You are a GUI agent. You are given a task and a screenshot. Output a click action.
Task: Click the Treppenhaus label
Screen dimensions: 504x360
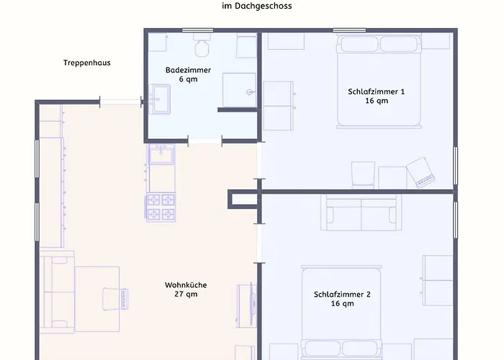87,63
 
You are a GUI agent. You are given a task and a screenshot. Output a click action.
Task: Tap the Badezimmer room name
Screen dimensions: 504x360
189,70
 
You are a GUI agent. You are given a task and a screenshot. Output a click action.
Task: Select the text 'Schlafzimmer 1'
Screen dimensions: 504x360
377,91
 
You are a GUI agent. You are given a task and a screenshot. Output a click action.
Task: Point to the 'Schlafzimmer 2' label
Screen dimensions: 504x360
342,294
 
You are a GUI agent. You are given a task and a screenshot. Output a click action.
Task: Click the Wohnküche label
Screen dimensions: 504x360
186,285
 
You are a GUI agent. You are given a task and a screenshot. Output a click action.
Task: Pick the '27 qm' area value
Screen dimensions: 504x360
186,294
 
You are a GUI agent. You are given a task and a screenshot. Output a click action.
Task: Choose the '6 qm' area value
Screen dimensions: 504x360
189,79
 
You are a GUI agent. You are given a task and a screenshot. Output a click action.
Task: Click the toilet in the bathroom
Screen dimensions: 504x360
202,45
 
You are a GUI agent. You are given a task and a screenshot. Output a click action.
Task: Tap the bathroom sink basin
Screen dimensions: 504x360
161,99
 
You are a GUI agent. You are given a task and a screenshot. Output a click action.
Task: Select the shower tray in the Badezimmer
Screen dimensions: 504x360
240,90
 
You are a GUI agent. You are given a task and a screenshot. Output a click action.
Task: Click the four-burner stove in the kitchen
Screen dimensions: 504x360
161,207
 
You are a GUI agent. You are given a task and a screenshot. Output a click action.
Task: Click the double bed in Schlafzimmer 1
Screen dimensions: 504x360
379,81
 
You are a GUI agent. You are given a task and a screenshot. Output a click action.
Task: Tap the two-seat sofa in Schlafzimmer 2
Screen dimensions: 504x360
361,212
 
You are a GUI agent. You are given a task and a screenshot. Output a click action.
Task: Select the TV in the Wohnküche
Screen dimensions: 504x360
253,304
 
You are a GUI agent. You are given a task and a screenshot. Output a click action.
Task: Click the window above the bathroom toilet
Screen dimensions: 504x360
198,30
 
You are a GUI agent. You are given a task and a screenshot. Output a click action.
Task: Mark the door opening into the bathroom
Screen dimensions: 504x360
205,141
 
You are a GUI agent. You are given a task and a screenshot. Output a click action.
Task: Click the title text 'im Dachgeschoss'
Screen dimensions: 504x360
257,6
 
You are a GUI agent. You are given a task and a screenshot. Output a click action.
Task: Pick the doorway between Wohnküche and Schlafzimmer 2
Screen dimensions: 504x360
259,243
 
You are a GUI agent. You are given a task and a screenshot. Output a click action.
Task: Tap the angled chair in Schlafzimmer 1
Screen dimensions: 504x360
420,172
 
